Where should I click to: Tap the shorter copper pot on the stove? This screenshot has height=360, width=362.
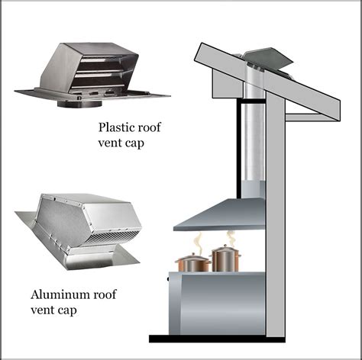(x=192, y=262)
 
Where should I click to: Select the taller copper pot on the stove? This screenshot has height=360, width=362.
(x=225, y=258)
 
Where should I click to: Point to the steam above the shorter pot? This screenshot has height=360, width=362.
(x=198, y=243)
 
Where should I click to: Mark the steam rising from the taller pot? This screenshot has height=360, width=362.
(x=231, y=238)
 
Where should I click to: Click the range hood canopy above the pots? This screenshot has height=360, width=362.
(x=220, y=214)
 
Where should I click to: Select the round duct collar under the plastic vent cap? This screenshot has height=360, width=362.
(x=79, y=104)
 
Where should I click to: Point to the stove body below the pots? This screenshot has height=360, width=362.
(x=217, y=303)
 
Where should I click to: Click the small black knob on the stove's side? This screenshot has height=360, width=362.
(x=168, y=279)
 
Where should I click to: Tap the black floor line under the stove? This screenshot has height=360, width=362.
(x=217, y=339)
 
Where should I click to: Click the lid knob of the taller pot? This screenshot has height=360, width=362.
(x=225, y=246)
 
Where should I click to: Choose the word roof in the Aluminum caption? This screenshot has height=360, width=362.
(x=105, y=294)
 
